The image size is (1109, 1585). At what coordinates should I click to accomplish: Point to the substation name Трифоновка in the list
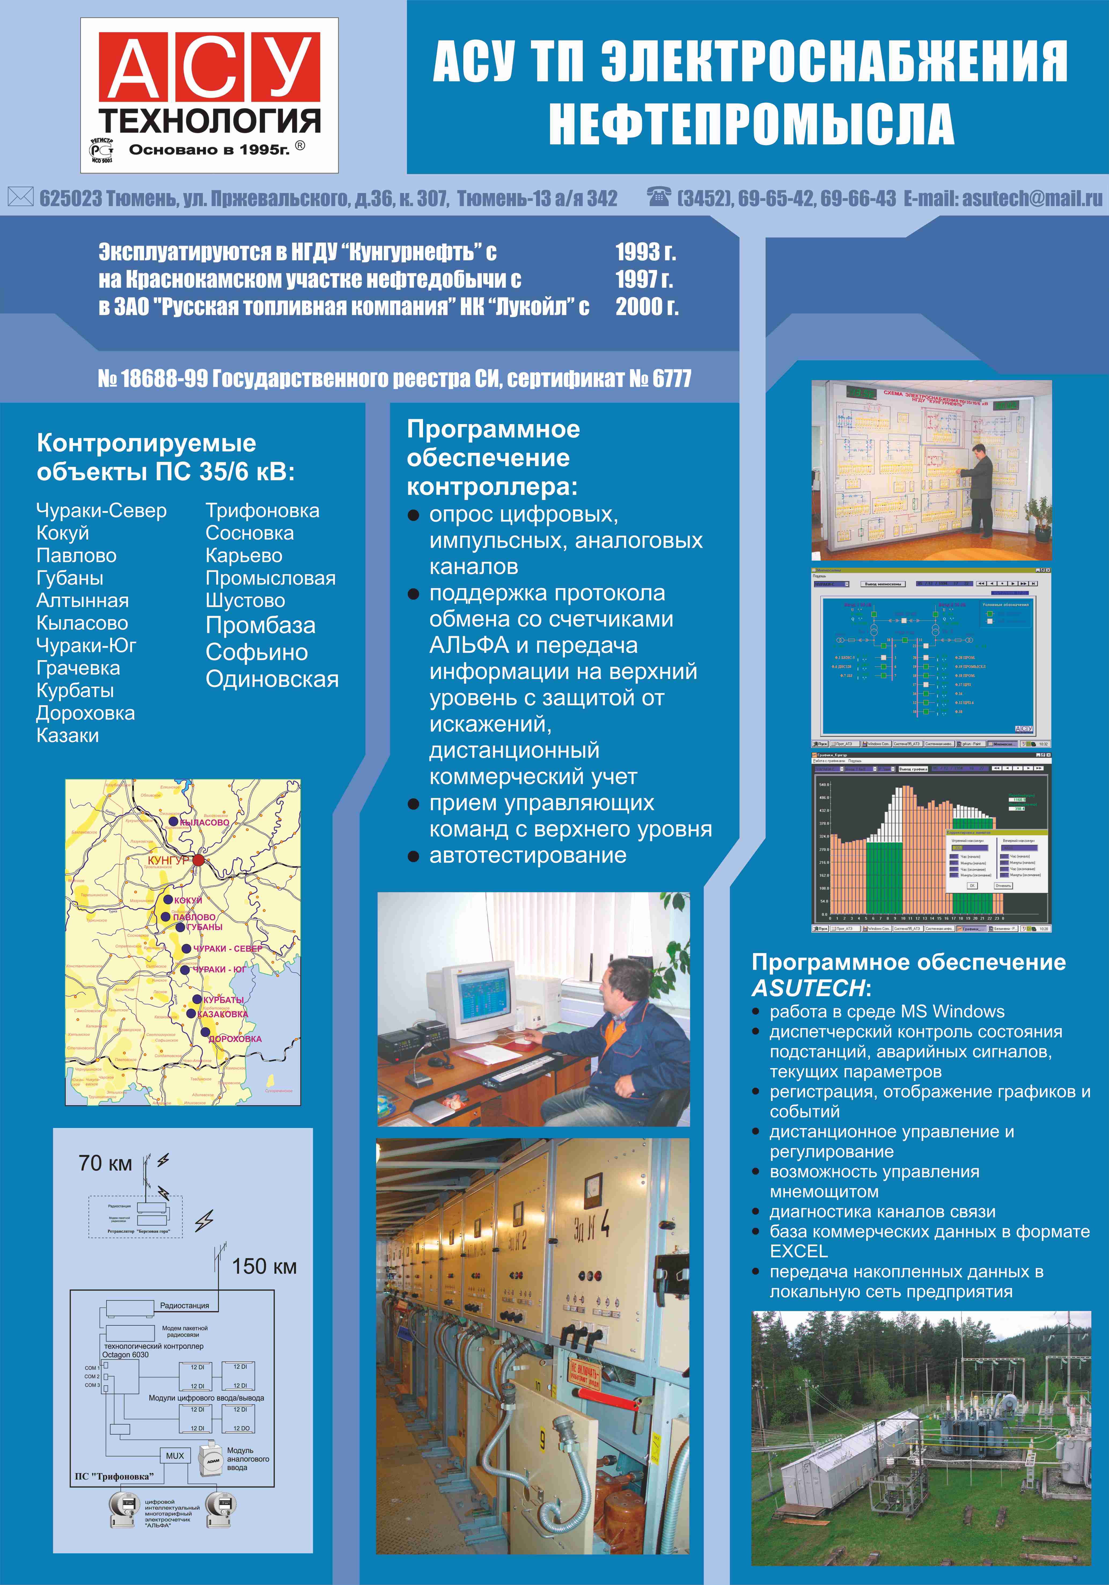(262, 511)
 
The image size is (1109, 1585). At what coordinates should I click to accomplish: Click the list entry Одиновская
(272, 679)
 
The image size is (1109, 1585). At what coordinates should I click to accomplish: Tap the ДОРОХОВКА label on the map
(235, 1039)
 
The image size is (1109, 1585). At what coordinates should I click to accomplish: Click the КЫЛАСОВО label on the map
(204, 822)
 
